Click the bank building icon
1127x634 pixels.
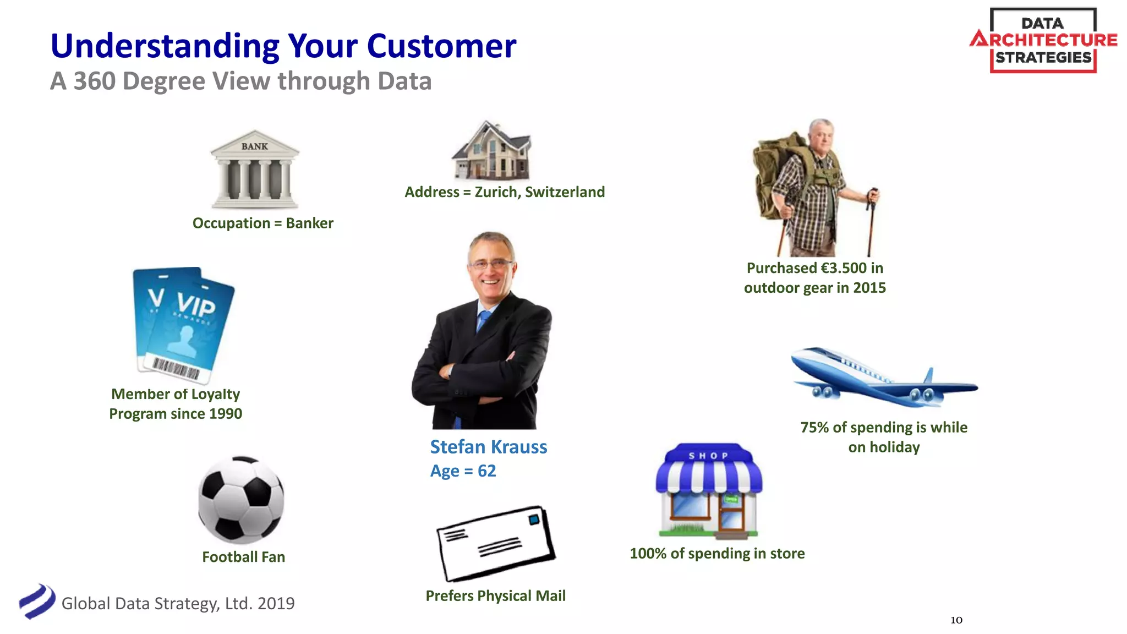click(255, 169)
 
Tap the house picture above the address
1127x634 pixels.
click(492, 151)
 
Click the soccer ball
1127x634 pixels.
click(241, 499)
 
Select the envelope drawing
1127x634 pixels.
click(495, 544)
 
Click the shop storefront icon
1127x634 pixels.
click(709, 491)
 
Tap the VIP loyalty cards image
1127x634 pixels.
click(183, 325)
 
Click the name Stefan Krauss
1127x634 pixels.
click(488, 447)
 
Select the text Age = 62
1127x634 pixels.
click(463, 471)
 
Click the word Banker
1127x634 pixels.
click(309, 223)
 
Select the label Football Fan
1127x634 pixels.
click(243, 557)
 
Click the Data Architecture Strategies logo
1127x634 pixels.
click(1043, 40)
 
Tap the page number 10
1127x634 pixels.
click(956, 620)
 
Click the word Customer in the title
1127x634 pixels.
click(441, 46)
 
